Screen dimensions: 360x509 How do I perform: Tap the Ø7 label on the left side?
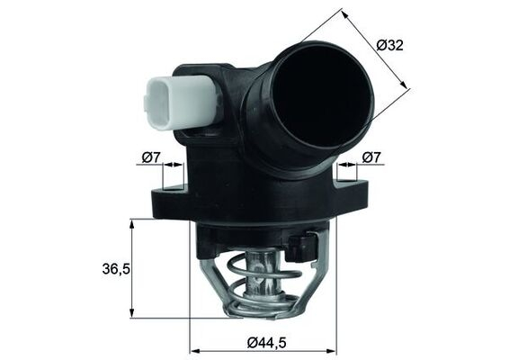(x=151, y=158)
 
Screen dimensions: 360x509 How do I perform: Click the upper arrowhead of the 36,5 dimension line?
(x=132, y=224)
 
